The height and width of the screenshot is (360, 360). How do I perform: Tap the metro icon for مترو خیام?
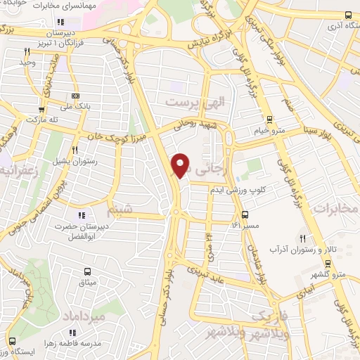[x=269, y=120]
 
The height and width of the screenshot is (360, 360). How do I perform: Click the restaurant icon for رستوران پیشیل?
[x=75, y=149]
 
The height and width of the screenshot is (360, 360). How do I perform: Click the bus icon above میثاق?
[x=89, y=271]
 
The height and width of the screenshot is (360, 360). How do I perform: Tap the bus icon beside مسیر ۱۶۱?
[x=245, y=214]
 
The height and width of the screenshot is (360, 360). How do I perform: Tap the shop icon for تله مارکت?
[x=42, y=109]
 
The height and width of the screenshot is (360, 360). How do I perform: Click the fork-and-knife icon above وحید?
[x=27, y=51]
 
